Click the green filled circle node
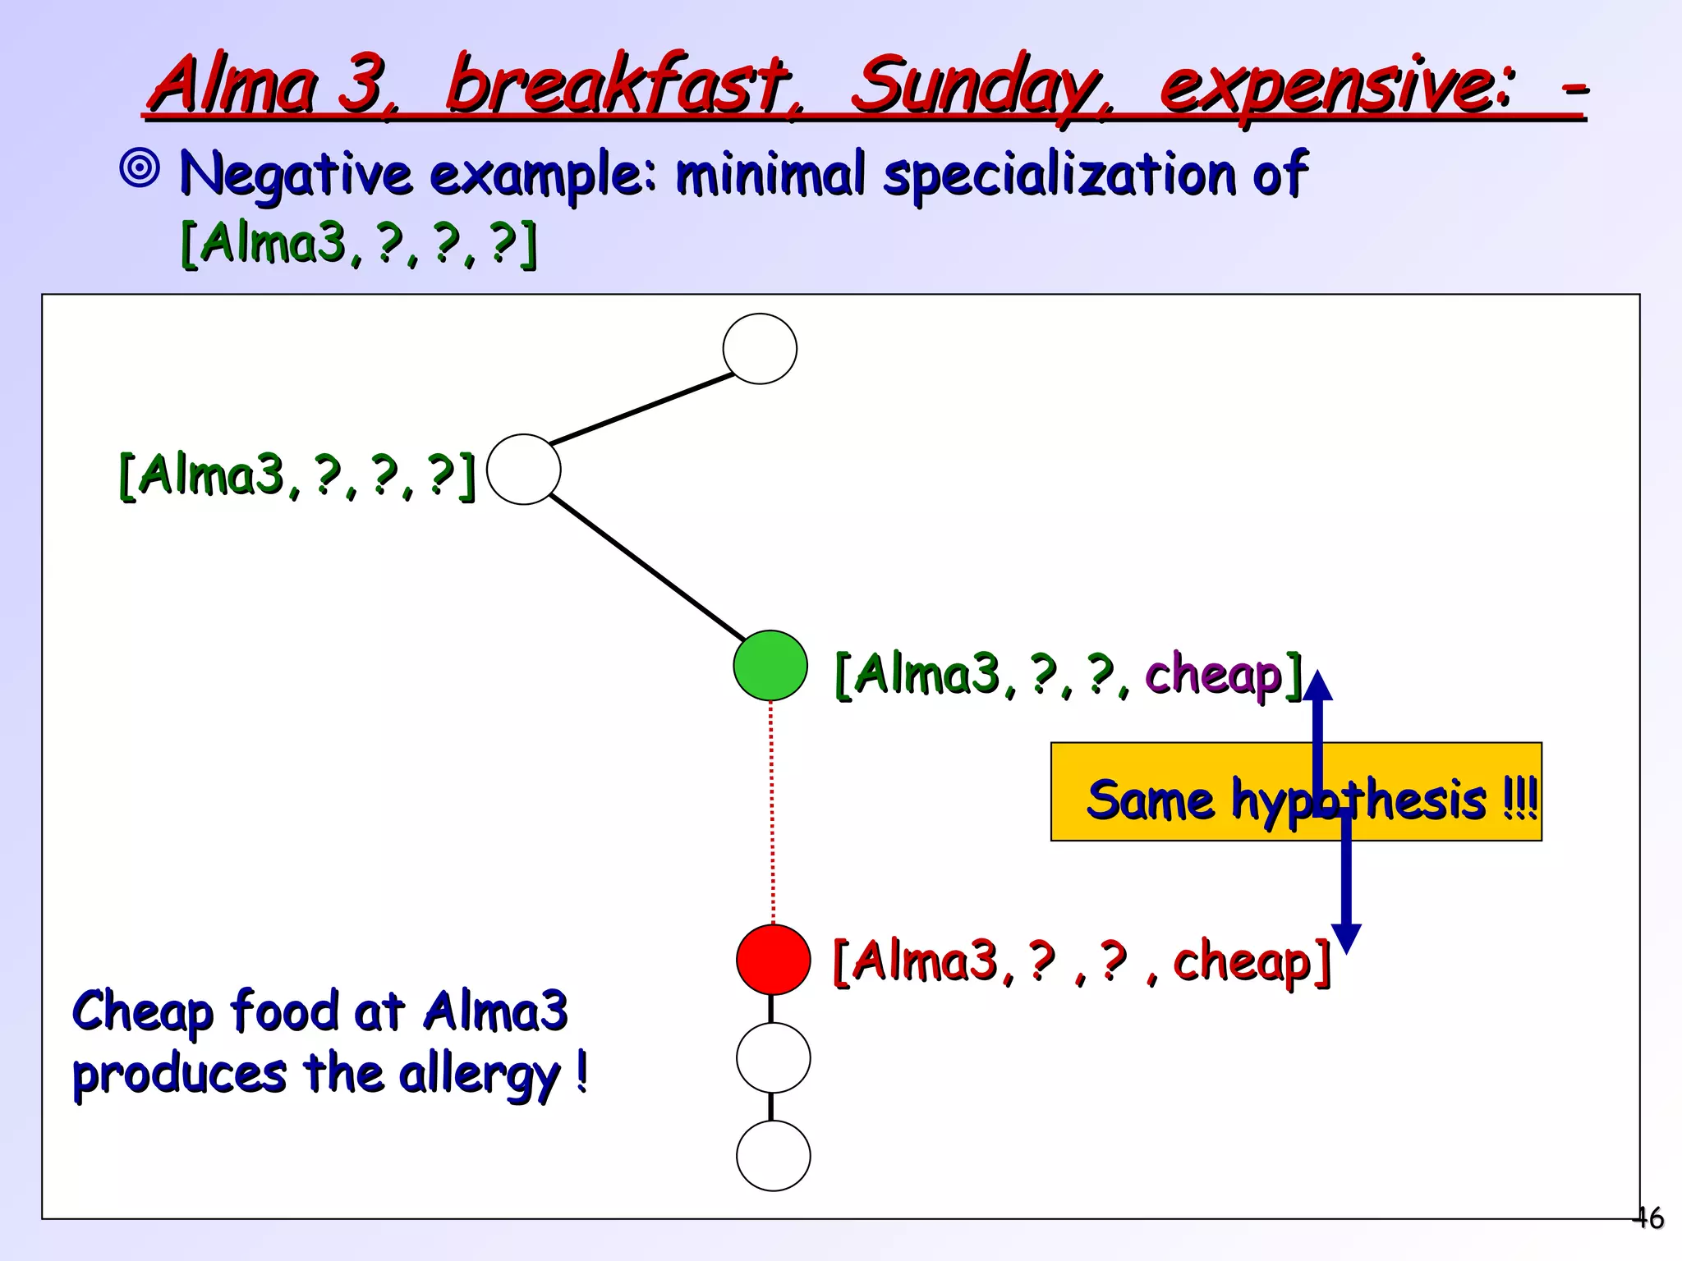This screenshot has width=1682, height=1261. (x=770, y=665)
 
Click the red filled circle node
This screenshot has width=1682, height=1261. (x=773, y=959)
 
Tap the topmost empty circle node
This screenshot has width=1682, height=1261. (x=760, y=349)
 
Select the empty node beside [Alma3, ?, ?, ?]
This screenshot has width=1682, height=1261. (x=524, y=470)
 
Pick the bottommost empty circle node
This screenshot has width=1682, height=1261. (x=773, y=1156)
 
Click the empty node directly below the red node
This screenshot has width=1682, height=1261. (x=773, y=1057)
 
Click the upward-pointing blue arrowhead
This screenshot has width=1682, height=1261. (x=1317, y=686)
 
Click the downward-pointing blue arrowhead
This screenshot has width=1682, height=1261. (x=1346, y=938)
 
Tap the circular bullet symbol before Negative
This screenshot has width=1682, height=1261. (x=140, y=169)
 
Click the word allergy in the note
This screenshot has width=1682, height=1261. (x=479, y=1074)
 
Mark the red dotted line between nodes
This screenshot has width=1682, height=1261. (x=772, y=813)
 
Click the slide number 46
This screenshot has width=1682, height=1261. (x=1649, y=1217)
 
